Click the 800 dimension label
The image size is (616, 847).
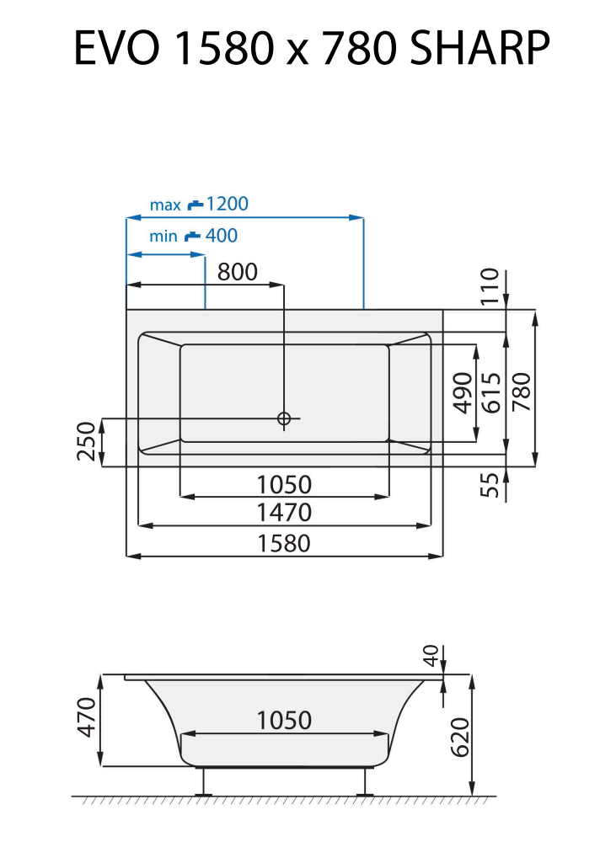click(x=237, y=271)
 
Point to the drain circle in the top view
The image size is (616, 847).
click(x=284, y=418)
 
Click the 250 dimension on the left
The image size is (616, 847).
click(x=87, y=442)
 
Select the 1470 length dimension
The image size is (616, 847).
click(x=284, y=512)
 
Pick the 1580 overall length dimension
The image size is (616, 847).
click(x=284, y=543)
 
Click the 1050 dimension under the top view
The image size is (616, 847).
click(x=284, y=484)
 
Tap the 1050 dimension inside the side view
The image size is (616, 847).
click(x=284, y=721)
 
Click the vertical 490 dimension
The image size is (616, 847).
click(x=463, y=392)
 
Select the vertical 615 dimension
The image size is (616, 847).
click(x=492, y=392)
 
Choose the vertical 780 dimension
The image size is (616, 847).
click(x=522, y=392)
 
